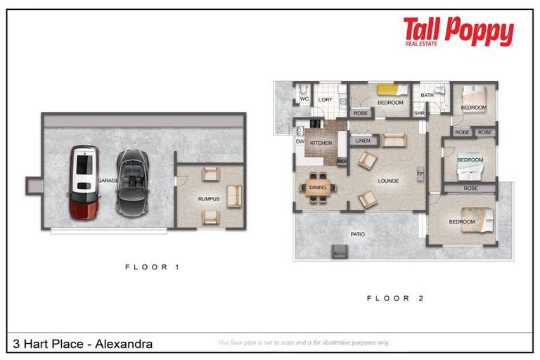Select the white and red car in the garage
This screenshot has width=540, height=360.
click(84, 181)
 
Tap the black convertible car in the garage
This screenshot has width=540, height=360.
click(130, 181)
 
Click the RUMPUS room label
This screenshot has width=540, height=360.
click(209, 199)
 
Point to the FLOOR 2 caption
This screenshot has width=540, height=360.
click(395, 298)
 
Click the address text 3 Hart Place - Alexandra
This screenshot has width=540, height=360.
click(82, 344)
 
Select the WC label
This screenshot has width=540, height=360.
click(304, 100)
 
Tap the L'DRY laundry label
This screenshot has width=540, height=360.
click(325, 100)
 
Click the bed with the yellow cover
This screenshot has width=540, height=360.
click(388, 90)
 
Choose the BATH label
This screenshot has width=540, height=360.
click(427, 95)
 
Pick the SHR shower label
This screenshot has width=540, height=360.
click(420, 112)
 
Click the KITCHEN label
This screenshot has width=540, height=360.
click(321, 143)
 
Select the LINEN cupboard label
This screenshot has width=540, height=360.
click(363, 141)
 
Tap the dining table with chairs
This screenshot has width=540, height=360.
click(318, 187)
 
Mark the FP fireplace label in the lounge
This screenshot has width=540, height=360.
click(420, 173)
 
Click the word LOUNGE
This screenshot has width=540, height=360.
click(388, 181)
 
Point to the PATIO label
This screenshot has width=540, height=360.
click(359, 234)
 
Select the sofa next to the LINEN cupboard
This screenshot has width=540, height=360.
click(394, 141)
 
